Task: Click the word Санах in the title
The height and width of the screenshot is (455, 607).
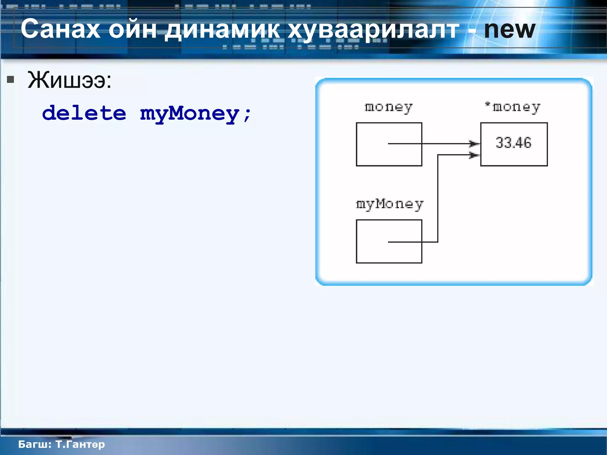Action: tap(60, 29)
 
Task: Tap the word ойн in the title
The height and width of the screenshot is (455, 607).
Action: tap(132, 29)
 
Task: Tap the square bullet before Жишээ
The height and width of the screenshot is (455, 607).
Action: tap(11, 79)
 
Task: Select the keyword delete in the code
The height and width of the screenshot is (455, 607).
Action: tap(84, 113)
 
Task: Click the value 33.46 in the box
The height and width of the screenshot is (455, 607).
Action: tap(514, 143)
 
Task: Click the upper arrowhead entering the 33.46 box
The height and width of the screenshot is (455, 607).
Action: tap(474, 144)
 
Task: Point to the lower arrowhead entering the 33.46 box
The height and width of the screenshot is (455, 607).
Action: tap(474, 155)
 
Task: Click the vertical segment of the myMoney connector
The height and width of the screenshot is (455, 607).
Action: tap(438, 198)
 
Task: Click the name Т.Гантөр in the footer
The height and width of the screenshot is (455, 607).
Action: tap(80, 444)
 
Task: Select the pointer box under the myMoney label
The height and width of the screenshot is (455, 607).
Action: tap(389, 241)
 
